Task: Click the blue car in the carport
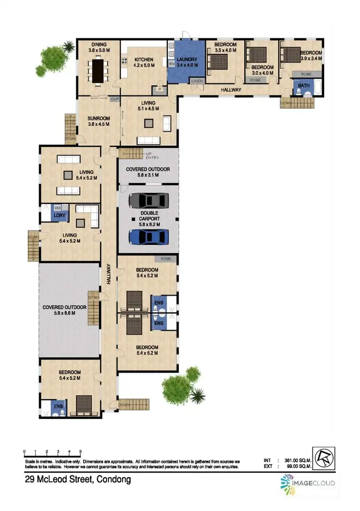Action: point(148,237)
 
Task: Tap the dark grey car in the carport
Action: point(148,199)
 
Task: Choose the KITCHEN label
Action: point(143,59)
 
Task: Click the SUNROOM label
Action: point(99,118)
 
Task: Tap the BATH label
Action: point(303,85)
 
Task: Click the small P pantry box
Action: point(159,89)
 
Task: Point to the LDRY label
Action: point(60,215)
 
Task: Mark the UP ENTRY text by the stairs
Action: point(153,155)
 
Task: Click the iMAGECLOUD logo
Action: point(307,483)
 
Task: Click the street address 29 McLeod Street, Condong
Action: point(78,479)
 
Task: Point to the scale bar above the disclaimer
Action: point(52,452)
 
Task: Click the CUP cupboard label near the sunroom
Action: point(115,99)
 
